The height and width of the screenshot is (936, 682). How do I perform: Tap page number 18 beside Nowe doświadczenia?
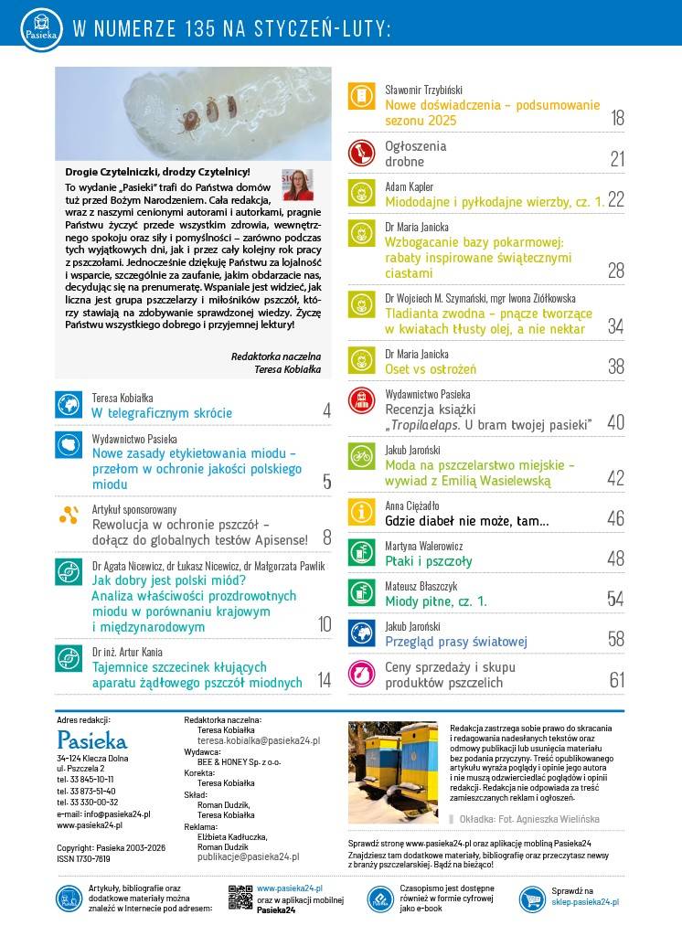coord(616,118)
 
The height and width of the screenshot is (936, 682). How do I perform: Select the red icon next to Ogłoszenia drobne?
coord(362,153)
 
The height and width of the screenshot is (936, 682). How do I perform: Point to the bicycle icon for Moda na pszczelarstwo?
coord(362,457)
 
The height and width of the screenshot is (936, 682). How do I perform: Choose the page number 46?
coord(615,518)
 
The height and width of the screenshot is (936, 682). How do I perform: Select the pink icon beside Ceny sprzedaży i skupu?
coord(362,675)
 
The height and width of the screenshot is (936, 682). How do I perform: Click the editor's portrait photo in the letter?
coord(298,185)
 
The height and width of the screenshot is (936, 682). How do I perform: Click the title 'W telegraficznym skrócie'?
coord(162,412)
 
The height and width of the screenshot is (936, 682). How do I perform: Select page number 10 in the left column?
coord(324,624)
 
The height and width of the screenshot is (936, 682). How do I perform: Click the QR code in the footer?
coord(240,898)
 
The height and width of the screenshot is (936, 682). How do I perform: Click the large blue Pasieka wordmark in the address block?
coord(91,739)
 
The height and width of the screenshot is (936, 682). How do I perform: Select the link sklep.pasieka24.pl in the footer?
coord(585,902)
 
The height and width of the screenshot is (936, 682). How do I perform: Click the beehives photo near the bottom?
coord(394,772)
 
